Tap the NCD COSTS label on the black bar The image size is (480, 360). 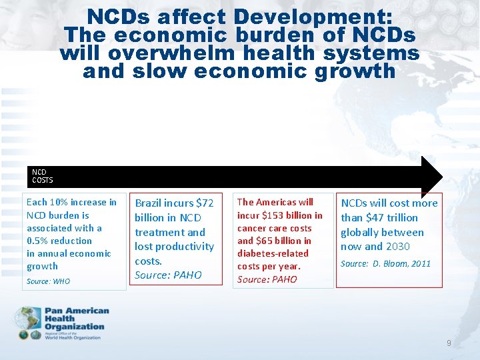(x=42, y=176)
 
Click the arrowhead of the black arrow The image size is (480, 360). (x=431, y=177)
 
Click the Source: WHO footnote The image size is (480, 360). (x=47, y=281)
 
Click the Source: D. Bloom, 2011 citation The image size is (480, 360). (x=385, y=264)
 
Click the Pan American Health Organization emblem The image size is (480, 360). (x=29, y=323)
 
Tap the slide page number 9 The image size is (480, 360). (x=449, y=343)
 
